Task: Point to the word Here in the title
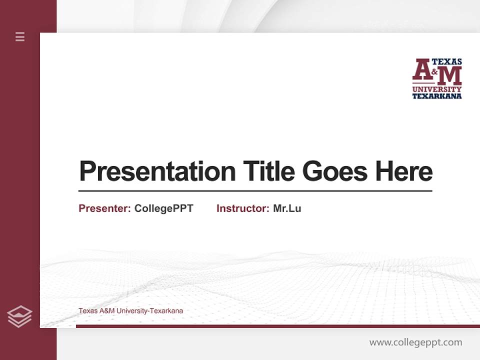pyautogui.click(x=404, y=171)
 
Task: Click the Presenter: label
pyautogui.click(x=104, y=208)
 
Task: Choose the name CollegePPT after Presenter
pyautogui.click(x=163, y=208)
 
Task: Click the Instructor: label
pyautogui.click(x=242, y=208)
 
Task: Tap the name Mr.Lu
pyautogui.click(x=287, y=208)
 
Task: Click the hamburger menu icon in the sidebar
pyautogui.click(x=20, y=36)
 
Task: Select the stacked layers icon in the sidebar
pyautogui.click(x=19, y=316)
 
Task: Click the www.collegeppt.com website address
pyautogui.click(x=415, y=342)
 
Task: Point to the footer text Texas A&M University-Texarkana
pyautogui.click(x=130, y=311)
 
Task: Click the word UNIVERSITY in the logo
pyautogui.click(x=436, y=89)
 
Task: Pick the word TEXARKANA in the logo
pyautogui.click(x=436, y=96)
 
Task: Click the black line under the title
pyautogui.click(x=255, y=191)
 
